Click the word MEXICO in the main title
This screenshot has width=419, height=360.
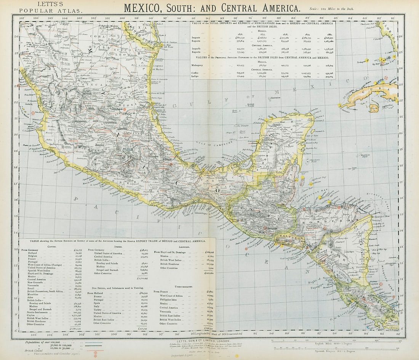(146, 8)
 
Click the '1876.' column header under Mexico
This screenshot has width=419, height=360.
(240, 34)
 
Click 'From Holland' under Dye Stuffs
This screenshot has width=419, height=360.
(96, 293)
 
